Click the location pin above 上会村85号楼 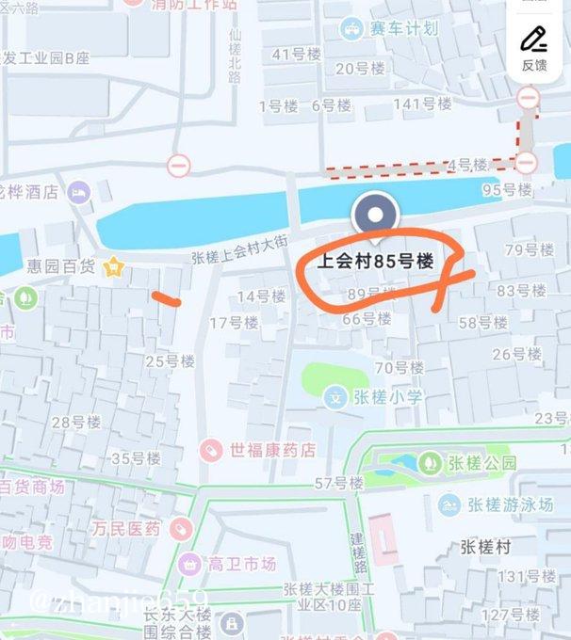[374, 216]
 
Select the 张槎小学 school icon [334, 397]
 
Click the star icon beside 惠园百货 [114, 267]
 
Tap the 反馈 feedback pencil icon [534, 40]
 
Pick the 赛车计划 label [405, 28]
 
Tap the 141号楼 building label [416, 104]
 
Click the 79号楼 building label [529, 249]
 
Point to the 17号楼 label [233, 323]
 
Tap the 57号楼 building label [338, 484]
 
